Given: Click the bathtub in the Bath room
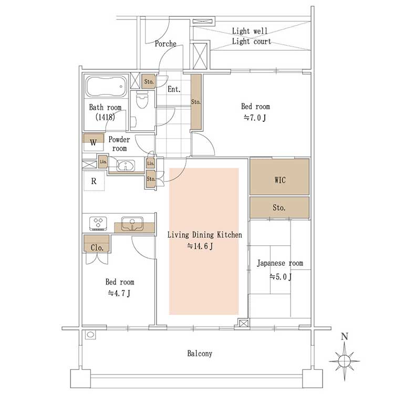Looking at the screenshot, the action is click(106, 87).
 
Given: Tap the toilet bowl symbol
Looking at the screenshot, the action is click(142, 99).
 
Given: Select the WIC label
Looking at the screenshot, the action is click(279, 180).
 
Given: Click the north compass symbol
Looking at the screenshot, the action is click(344, 356).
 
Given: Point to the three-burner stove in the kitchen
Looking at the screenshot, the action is click(98, 223).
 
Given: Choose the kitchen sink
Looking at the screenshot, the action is click(132, 224).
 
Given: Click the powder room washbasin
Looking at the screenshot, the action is click(126, 165).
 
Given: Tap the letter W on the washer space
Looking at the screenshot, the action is click(93, 142).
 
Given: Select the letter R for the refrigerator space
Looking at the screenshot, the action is click(94, 181).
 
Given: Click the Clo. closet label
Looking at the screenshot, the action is click(97, 248).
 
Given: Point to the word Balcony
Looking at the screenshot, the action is click(200, 354).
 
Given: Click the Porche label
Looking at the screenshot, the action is click(165, 44).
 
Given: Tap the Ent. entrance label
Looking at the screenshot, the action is click(174, 89).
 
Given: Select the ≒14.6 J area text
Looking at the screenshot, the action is click(200, 246).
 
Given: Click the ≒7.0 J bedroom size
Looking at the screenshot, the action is click(255, 118).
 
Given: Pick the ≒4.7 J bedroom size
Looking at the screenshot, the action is click(119, 293).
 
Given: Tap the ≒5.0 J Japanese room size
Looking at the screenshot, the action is click(281, 277).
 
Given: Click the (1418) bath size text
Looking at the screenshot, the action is click(105, 117).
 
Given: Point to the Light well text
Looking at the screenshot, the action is click(250, 31).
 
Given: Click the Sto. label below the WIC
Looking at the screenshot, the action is click(279, 208).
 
